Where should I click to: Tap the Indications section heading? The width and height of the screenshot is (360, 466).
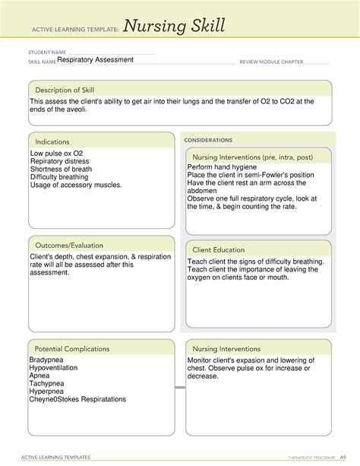(52, 142)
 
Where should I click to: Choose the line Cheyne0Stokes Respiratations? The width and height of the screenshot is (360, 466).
(77, 400)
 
